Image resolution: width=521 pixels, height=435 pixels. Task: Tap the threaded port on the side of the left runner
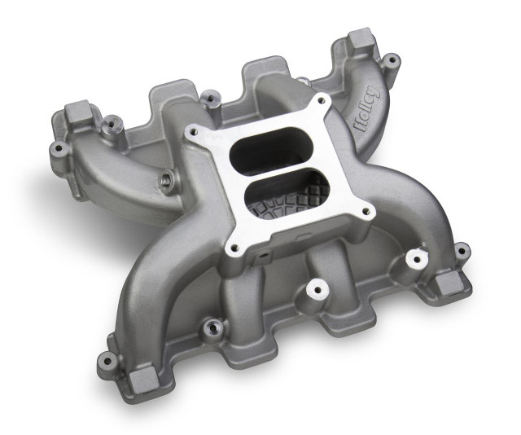[166, 181]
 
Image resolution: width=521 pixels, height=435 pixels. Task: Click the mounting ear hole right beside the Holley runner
[392, 59]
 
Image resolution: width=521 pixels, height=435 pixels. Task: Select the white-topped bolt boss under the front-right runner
[418, 259]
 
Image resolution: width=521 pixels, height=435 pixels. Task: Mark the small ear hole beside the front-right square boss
[462, 249]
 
